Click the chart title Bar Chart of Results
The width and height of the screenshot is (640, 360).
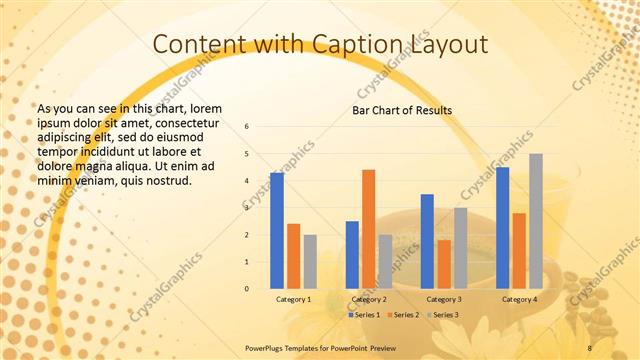point(401,110)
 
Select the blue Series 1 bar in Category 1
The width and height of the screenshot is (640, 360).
point(277,231)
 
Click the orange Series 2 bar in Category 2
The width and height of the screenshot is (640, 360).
point(368,229)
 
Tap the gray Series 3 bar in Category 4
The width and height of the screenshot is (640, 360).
point(536,221)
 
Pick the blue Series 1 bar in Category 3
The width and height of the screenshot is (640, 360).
point(427,241)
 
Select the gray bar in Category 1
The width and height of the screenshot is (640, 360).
point(310,262)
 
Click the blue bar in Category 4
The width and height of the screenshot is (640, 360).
point(502,228)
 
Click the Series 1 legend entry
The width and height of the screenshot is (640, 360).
point(365,315)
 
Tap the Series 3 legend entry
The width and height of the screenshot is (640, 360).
point(443,315)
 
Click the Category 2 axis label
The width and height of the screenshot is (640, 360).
point(369,299)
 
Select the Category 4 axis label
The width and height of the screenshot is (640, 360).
point(519,299)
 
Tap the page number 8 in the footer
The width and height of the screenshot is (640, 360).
point(589,348)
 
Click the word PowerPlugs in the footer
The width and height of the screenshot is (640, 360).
point(266,348)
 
